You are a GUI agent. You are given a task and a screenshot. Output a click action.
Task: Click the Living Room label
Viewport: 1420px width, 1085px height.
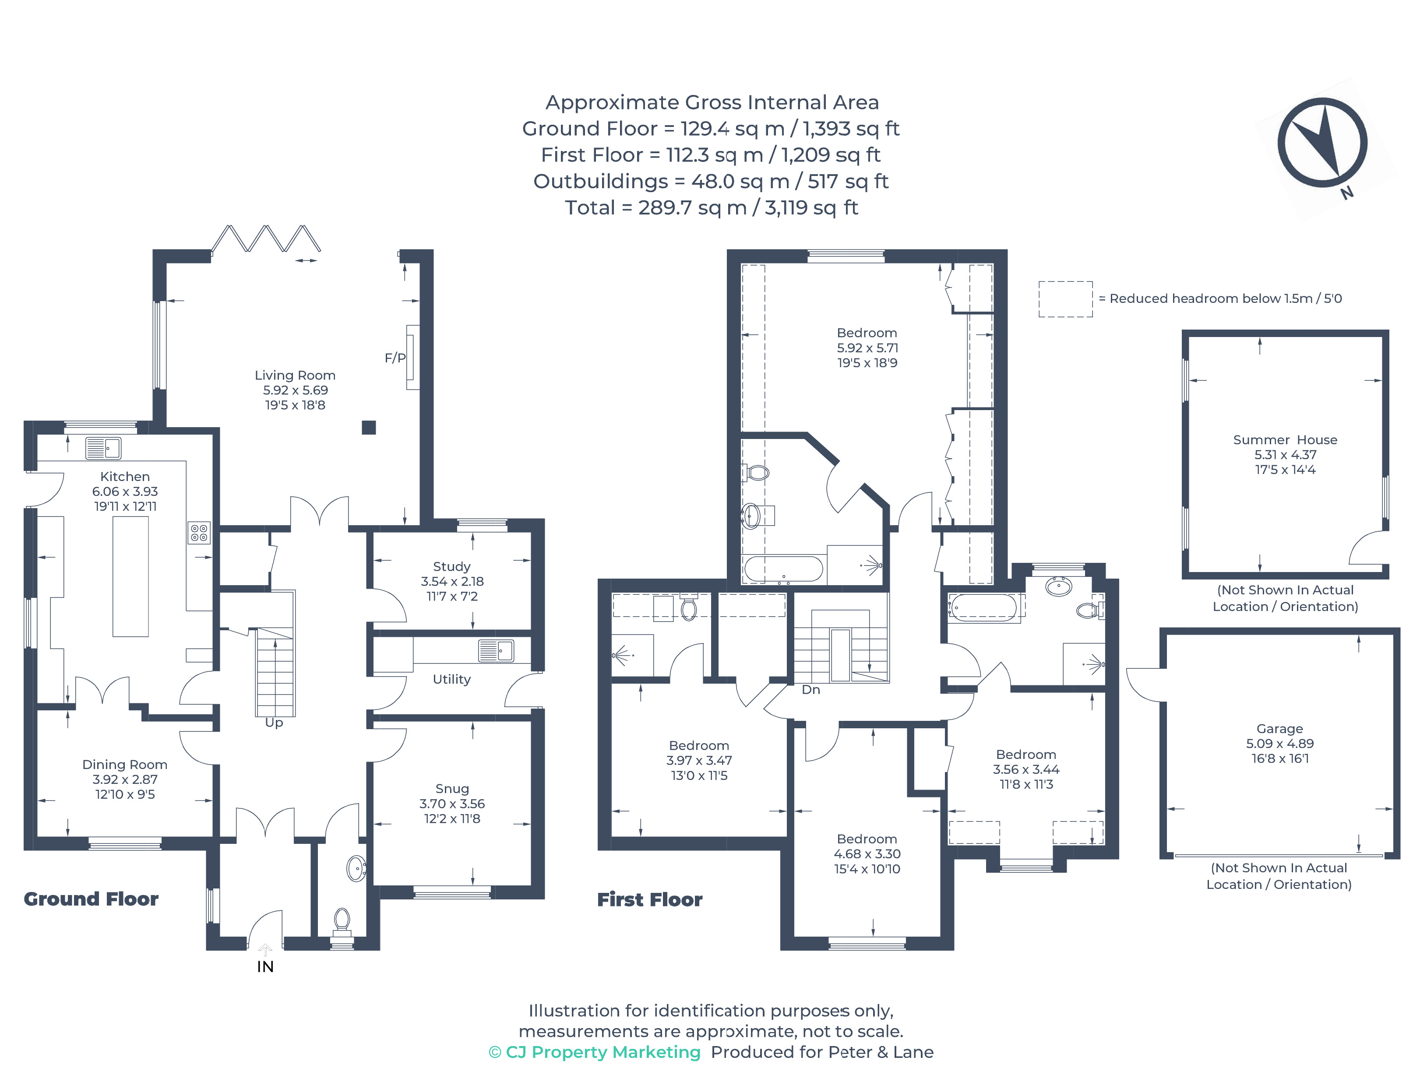[x=295, y=375]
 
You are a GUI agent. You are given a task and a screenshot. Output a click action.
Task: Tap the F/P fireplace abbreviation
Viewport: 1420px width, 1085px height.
[x=395, y=358]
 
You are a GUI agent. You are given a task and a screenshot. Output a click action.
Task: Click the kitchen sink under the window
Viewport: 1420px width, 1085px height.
[x=103, y=448]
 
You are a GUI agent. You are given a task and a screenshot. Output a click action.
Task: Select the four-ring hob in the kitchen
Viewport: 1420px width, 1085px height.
[x=199, y=533]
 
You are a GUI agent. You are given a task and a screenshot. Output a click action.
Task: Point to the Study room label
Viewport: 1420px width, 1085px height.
[x=451, y=566]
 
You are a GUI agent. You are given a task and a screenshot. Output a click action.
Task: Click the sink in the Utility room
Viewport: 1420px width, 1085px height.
[x=496, y=650]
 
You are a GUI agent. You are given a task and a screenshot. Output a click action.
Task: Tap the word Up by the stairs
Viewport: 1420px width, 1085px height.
[x=274, y=723]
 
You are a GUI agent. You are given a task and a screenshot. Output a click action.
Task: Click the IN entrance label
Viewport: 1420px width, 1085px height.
[x=265, y=967]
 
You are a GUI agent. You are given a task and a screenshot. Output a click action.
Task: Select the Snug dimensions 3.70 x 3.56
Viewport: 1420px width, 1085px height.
[x=451, y=804]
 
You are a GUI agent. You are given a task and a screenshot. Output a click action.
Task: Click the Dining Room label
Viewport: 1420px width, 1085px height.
[x=125, y=765]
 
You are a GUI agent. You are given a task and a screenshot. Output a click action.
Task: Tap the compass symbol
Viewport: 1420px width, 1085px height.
[x=1322, y=143]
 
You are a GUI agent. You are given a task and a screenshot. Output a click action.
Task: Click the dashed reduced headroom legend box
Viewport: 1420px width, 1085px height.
[x=1065, y=299]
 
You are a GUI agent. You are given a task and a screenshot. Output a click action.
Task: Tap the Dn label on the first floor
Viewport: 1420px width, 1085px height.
[x=811, y=690]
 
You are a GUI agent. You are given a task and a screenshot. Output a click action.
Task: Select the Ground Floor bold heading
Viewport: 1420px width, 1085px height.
[x=91, y=899]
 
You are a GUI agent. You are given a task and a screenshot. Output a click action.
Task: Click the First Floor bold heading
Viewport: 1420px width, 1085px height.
[x=649, y=900]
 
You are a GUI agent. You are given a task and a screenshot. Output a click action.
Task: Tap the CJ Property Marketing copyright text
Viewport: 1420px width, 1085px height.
[x=594, y=1052]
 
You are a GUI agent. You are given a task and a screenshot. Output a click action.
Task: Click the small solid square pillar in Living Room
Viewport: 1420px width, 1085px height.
[x=368, y=428]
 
